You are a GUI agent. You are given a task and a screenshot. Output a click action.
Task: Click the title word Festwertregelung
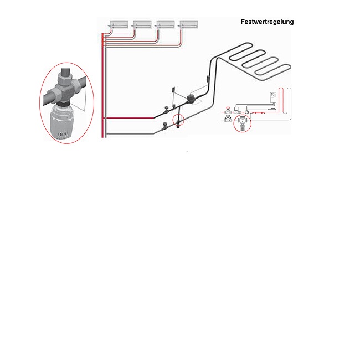coord(267,22)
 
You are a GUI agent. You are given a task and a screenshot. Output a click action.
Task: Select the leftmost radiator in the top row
coord(120,24)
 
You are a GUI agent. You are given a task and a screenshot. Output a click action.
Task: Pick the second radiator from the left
coord(143,24)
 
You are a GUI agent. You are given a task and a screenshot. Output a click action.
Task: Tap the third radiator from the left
coord(166,24)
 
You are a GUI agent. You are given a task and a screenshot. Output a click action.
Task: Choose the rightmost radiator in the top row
coord(189,24)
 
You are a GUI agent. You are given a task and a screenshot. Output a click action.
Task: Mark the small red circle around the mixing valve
coord(179,120)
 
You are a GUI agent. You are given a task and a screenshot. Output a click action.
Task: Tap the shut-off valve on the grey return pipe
coord(164,127)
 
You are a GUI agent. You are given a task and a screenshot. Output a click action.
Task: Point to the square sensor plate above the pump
coord(174,90)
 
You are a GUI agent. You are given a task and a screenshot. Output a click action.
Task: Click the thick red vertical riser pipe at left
coord(102,89)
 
